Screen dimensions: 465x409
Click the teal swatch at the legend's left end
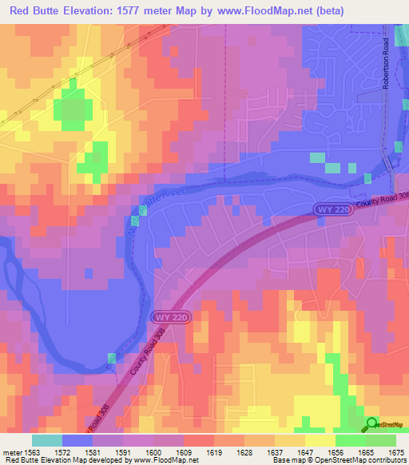(46, 440)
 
